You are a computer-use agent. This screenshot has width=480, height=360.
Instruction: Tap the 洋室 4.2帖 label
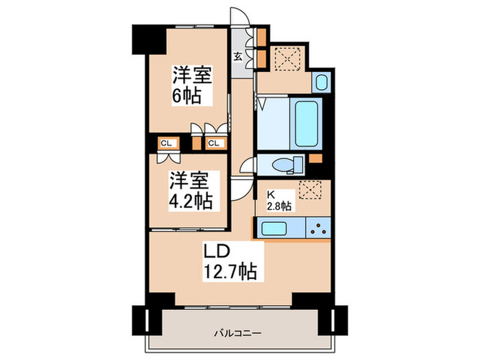coord(190,191)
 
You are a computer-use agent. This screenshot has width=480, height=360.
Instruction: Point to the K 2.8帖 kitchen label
coord(278,199)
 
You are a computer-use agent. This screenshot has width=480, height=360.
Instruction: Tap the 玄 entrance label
coord(237,56)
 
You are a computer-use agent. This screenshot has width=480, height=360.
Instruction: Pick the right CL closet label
coord(213,143)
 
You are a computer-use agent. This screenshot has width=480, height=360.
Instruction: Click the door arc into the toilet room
coord(247,167)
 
